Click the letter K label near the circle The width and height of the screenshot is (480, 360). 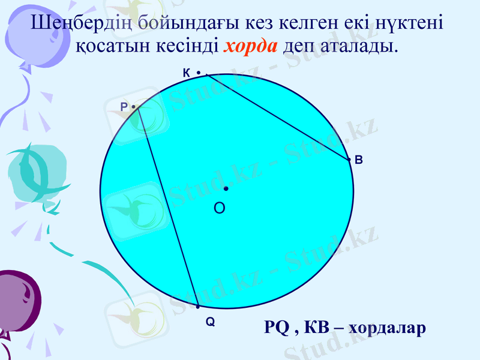186,73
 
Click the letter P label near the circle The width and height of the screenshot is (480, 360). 124,107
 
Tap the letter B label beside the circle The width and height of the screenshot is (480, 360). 358,160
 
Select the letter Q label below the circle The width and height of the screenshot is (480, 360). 210,322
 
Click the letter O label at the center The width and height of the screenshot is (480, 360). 220,208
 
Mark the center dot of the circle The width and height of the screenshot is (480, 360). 226,188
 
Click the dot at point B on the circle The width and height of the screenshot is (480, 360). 349,160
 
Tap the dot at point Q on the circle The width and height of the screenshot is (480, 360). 197,307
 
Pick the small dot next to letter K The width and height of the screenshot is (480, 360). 198,73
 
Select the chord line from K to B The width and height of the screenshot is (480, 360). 278,117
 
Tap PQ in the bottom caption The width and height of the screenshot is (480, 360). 277,328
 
